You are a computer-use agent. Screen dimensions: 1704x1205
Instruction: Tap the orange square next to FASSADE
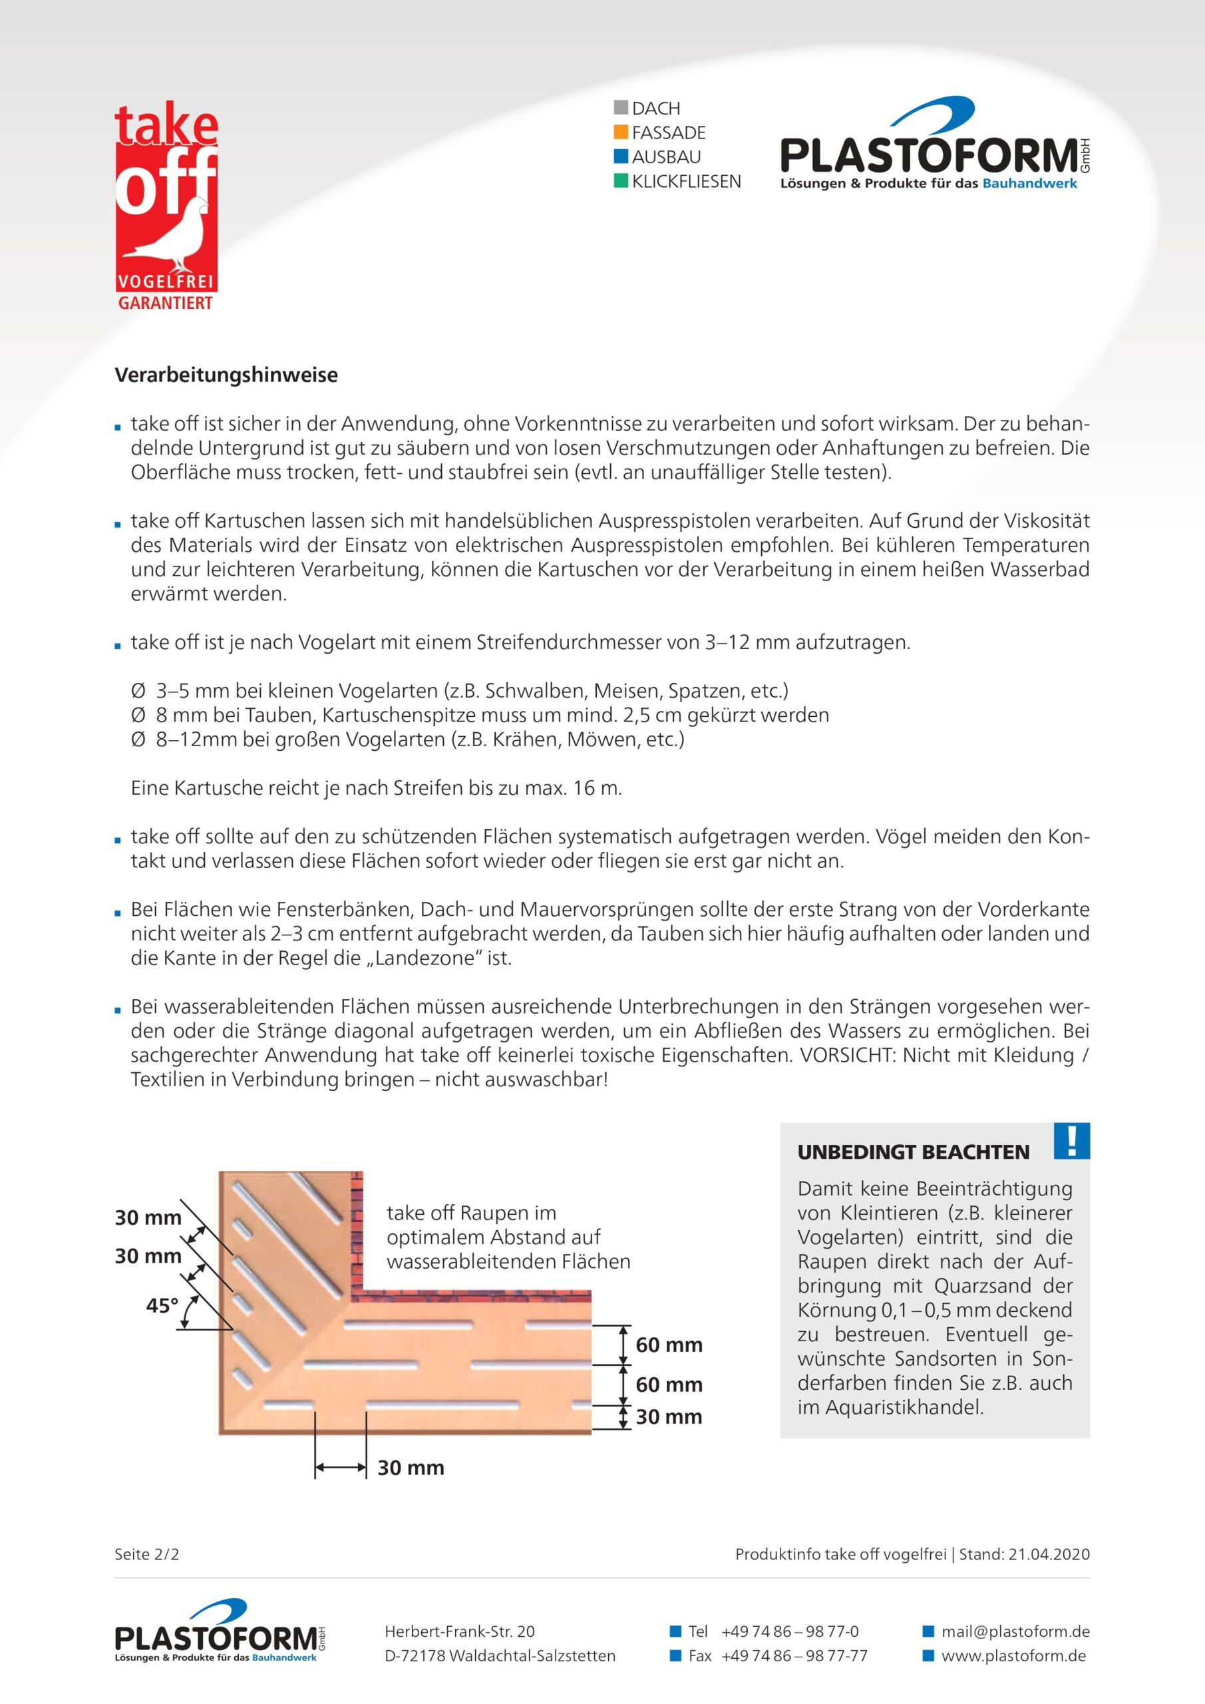coord(621,132)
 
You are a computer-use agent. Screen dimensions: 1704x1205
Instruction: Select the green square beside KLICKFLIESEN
coord(621,180)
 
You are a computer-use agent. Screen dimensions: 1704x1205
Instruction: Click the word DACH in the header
coord(656,108)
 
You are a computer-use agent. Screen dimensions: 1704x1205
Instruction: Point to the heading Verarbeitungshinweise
coord(226,375)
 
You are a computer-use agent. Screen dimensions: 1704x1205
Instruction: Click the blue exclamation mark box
coord(1071,1141)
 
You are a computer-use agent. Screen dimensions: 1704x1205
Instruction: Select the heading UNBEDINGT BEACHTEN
coord(913,1152)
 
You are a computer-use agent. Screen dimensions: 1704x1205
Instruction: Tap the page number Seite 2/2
coord(147,1554)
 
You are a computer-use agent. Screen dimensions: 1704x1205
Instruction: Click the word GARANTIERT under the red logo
coord(166,303)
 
